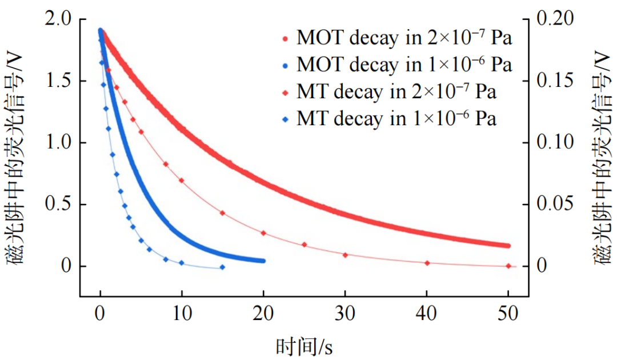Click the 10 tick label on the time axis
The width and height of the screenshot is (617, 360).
pyautogui.click(x=182, y=314)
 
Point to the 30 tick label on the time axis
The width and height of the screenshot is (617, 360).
pyautogui.click(x=344, y=314)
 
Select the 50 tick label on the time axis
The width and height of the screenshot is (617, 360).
pyautogui.click(x=508, y=314)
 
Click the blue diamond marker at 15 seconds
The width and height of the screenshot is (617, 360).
pyautogui.click(x=222, y=267)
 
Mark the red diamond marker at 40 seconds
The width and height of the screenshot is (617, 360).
pyautogui.click(x=427, y=263)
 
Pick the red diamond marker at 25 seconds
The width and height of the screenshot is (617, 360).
pyautogui.click(x=304, y=245)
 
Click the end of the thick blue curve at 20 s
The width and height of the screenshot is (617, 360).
pyautogui.click(x=263, y=261)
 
